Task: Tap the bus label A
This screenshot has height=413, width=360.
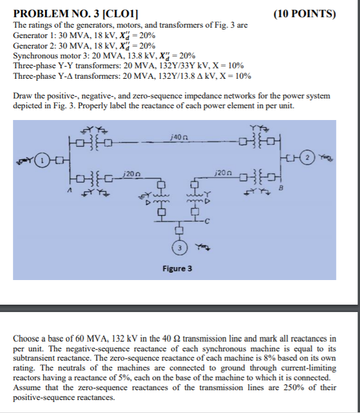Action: point(69,191)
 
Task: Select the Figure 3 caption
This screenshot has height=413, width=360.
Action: point(177,269)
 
